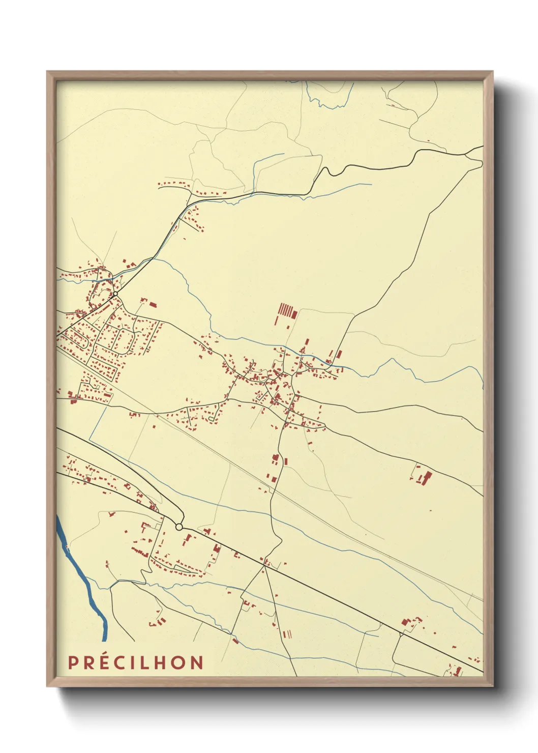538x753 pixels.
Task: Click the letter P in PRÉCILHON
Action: coord(73,662)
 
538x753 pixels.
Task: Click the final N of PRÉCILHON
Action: coord(197,662)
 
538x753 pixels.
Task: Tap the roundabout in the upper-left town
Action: coord(115,294)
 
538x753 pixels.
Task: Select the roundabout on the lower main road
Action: coord(179,527)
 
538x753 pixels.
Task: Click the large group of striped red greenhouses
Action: coord(286,310)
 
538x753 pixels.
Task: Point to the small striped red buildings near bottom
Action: coord(287,634)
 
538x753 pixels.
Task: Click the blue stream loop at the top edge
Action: coord(325,102)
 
